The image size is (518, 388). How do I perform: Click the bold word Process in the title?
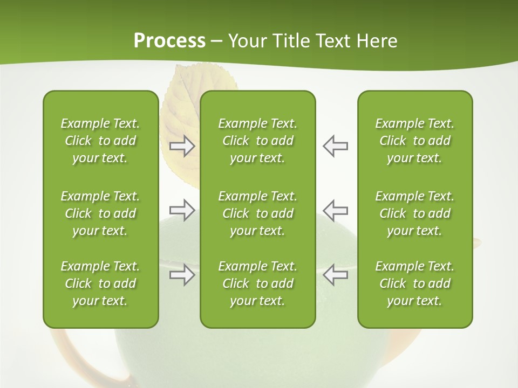coord(169,41)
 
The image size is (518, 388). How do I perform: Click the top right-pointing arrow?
coord(182,146)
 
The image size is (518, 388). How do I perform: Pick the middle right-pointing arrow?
coord(182,210)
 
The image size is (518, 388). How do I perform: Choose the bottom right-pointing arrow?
coord(182,275)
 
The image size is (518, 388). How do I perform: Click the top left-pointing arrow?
coord(336,146)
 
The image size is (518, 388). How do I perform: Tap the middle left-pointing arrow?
coord(336,210)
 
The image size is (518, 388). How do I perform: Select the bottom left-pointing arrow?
coord(336,275)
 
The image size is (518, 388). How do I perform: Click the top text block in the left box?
coord(100,141)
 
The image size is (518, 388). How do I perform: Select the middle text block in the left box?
coord(100,213)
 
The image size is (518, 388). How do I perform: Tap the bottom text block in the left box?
coord(100,283)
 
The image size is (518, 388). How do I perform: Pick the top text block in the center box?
coord(257,141)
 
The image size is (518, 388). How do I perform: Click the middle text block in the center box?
coord(257,213)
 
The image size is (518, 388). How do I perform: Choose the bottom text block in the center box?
coord(257,283)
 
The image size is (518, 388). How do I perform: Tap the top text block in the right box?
coord(414,141)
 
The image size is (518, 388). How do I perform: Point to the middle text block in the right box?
coord(414,213)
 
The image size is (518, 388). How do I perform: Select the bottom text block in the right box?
coord(414,283)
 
